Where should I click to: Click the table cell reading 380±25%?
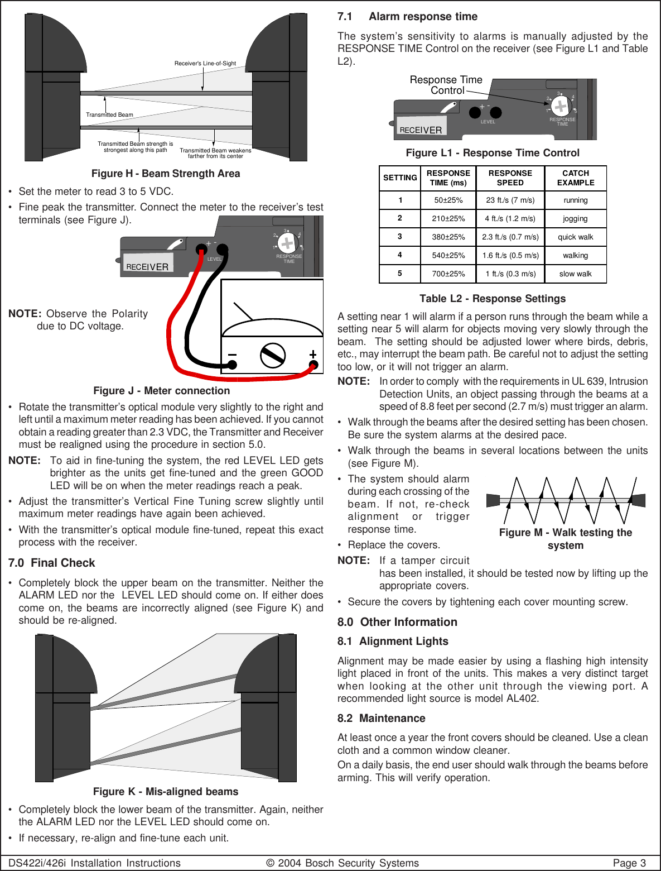click(448, 237)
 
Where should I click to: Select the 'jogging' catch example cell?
click(575, 218)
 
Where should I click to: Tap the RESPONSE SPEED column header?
click(510, 178)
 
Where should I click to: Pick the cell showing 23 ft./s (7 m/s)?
click(510, 200)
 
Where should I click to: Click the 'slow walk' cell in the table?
click(575, 274)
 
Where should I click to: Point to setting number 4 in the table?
click(400, 255)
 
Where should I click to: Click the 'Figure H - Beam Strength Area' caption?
click(166, 174)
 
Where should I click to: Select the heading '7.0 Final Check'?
click(51, 563)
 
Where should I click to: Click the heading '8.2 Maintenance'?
click(381, 718)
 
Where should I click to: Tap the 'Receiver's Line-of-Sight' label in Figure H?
click(205, 64)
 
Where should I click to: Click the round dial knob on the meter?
click(273, 355)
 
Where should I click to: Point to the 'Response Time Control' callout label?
click(446, 85)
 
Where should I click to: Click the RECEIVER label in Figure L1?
click(421, 130)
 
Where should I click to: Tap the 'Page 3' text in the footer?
click(629, 863)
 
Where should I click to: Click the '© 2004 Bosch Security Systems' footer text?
click(342, 863)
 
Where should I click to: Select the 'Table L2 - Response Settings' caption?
click(493, 299)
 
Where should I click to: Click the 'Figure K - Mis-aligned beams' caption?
click(166, 792)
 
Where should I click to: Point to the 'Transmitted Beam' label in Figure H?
click(109, 115)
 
